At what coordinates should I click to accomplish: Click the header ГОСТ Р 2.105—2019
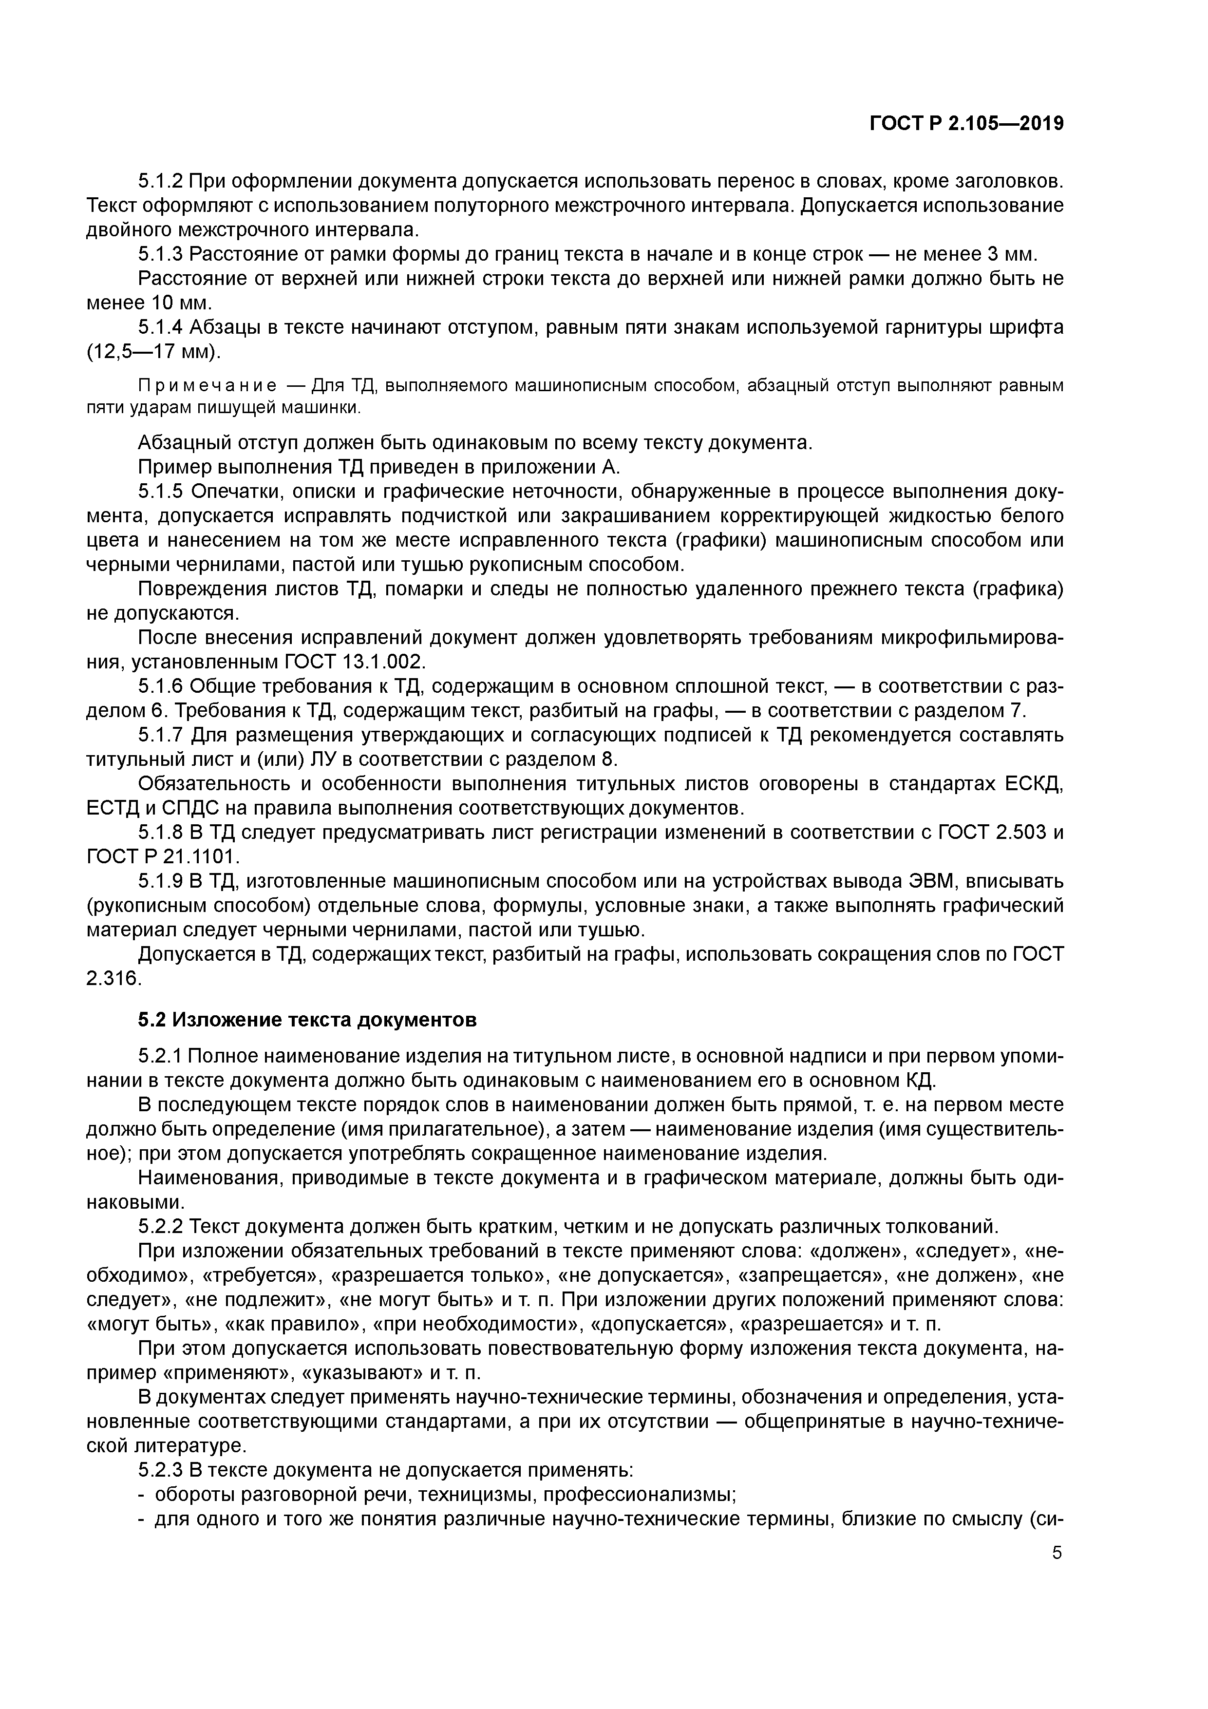pos(966,124)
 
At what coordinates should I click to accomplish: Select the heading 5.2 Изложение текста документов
pos(307,1019)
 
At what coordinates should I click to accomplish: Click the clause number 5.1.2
pos(160,181)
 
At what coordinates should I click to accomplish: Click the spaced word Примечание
pos(208,385)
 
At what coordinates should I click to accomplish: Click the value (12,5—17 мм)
pos(154,351)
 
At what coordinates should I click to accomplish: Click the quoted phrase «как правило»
pos(294,1324)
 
